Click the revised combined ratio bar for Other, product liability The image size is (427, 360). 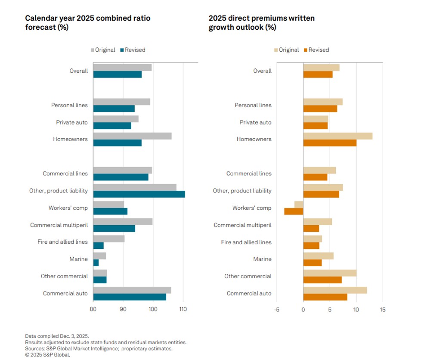139,194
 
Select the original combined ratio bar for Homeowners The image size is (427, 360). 132,136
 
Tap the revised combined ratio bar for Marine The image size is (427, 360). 96,263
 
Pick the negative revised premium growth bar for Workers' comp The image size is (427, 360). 294,211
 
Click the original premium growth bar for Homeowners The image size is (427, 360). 337,136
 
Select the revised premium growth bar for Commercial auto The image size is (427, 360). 325,297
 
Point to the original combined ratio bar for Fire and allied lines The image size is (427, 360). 109,239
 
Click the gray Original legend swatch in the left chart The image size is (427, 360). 93,50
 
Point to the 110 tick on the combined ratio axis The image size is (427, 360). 183,309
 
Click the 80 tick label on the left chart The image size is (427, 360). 93,309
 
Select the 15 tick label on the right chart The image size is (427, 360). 383,309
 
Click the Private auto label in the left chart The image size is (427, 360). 72,122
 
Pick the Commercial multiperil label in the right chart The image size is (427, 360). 242,225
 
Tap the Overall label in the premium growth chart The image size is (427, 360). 262,71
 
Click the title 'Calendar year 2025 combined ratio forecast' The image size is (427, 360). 88,23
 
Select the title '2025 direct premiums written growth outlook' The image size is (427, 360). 261,23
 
